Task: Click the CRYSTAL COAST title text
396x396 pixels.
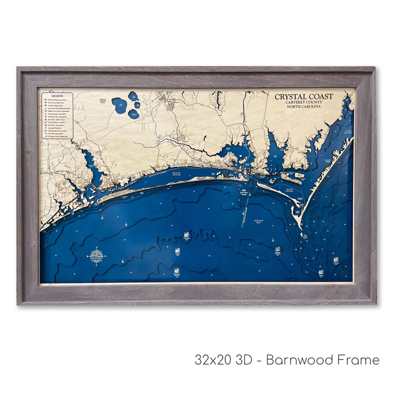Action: click(x=304, y=97)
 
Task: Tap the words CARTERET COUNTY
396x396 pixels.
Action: click(x=304, y=102)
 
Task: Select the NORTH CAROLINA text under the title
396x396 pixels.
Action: click(x=304, y=106)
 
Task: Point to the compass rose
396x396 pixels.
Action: click(x=96, y=256)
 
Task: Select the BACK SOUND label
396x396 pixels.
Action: click(x=290, y=191)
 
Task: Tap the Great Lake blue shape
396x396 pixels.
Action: click(x=119, y=105)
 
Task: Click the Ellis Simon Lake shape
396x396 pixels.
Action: click(x=133, y=114)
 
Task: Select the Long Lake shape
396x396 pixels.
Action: click(x=133, y=96)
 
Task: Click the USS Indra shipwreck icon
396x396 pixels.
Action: click(x=186, y=235)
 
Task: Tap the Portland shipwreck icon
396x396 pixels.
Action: click(x=335, y=260)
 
